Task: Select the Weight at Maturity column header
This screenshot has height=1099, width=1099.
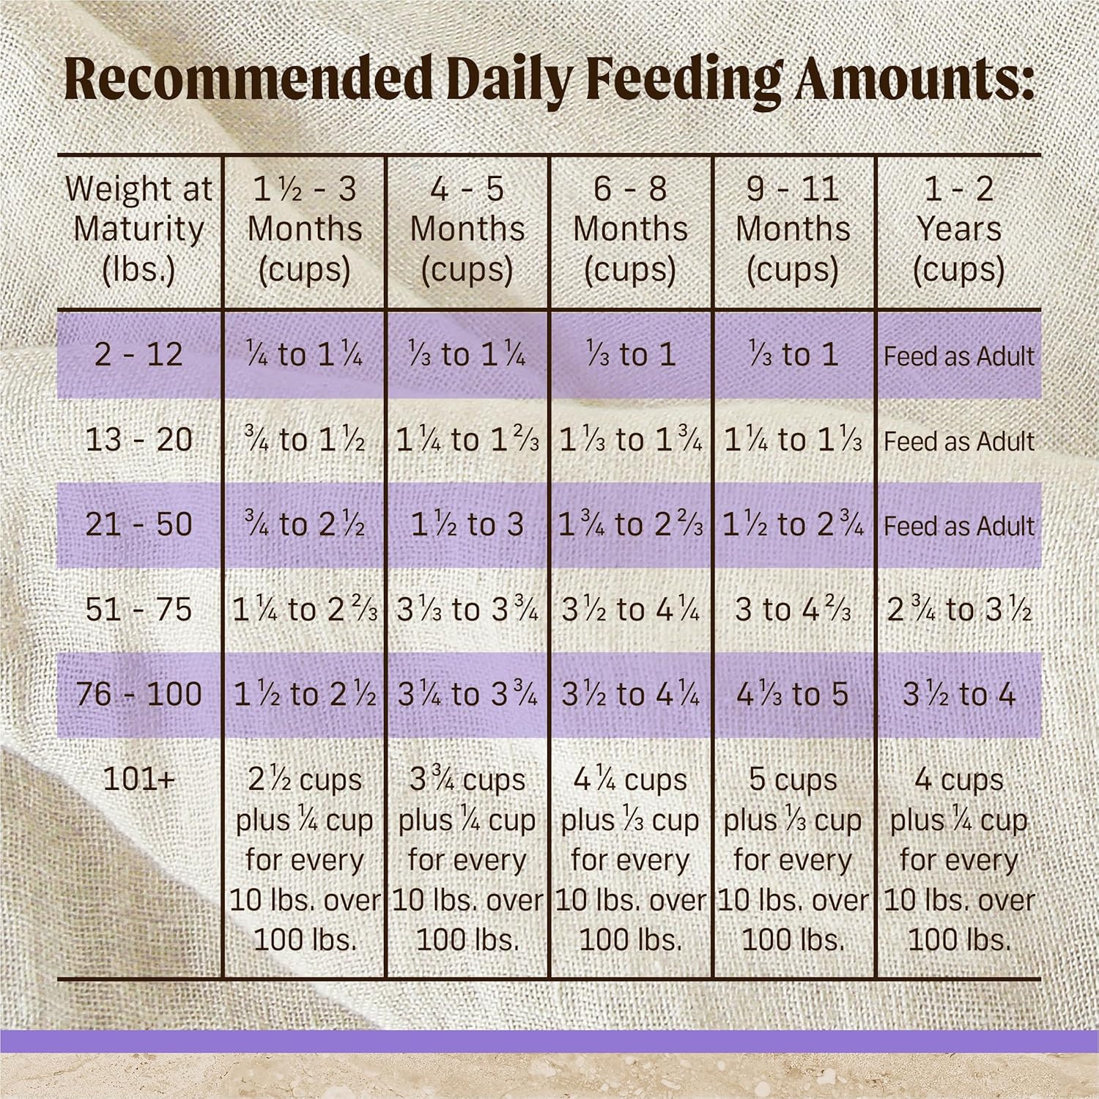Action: (138, 229)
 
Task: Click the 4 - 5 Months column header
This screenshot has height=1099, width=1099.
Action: (467, 229)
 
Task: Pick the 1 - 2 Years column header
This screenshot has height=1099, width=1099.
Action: (958, 229)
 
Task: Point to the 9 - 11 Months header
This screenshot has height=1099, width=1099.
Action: (793, 229)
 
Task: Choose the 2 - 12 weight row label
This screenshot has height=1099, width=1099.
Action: (138, 355)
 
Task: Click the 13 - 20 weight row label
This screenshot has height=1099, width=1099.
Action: (138, 440)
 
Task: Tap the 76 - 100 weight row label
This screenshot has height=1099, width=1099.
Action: (138, 694)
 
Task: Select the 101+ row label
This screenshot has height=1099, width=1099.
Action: (138, 780)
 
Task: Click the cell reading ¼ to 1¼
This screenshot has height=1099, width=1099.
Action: (304, 355)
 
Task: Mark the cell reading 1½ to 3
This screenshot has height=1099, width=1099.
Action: (467, 525)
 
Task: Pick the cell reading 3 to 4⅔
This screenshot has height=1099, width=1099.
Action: (793, 610)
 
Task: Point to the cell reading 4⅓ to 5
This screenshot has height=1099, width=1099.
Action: (793, 694)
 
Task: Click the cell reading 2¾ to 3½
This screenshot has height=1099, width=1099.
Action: (958, 610)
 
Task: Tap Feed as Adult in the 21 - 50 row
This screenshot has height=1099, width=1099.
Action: (958, 526)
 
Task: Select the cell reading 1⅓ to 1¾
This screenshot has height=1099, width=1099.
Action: (630, 440)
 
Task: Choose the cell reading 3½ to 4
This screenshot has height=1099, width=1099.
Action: (958, 694)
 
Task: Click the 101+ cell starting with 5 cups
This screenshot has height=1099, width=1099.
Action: (793, 859)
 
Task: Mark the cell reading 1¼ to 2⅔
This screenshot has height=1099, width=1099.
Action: (304, 610)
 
